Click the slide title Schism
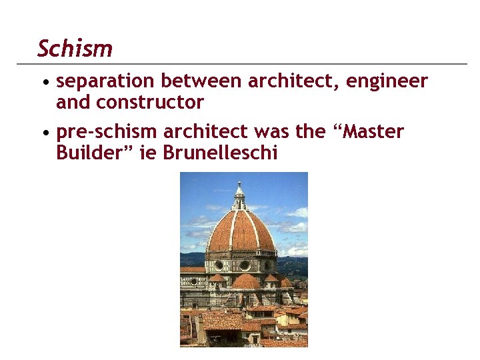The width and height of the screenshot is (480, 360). point(75,49)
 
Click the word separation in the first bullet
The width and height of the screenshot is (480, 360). point(106,81)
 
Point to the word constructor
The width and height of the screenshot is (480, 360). point(150,103)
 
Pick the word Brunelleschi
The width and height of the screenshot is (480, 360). point(220,153)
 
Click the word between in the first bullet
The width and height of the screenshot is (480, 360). point(202,81)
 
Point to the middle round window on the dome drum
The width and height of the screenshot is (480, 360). point(244,265)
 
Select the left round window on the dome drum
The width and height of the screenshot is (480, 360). point(218,265)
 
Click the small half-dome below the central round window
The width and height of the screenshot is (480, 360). point(245,281)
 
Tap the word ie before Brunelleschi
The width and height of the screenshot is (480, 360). point(150,153)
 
